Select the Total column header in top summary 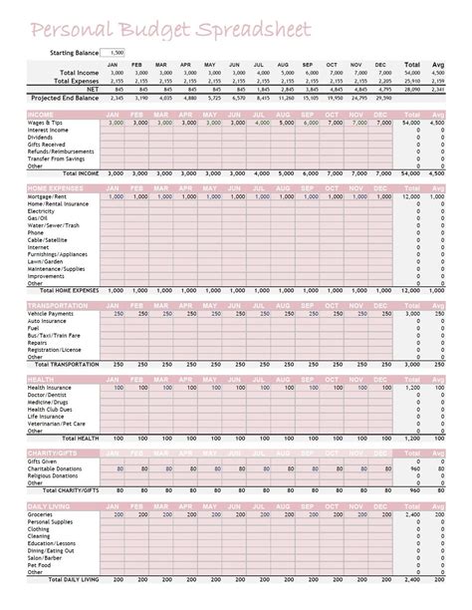[x=412, y=65]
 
